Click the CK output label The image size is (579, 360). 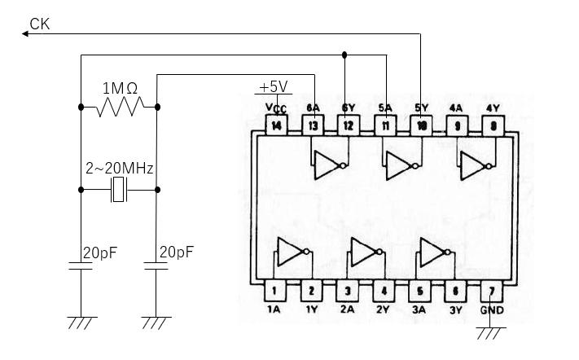click(38, 24)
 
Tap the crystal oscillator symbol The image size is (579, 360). click(119, 191)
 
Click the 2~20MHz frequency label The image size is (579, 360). click(120, 169)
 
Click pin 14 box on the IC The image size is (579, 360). click(278, 125)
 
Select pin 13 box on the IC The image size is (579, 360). click(314, 125)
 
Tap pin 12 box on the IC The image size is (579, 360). click(349, 125)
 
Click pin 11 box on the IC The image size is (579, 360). click(384, 125)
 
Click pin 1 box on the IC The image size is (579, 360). click(274, 290)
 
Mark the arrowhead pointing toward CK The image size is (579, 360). click(21, 34)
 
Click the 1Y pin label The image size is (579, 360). click(310, 310)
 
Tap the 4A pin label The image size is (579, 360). click(456, 107)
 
